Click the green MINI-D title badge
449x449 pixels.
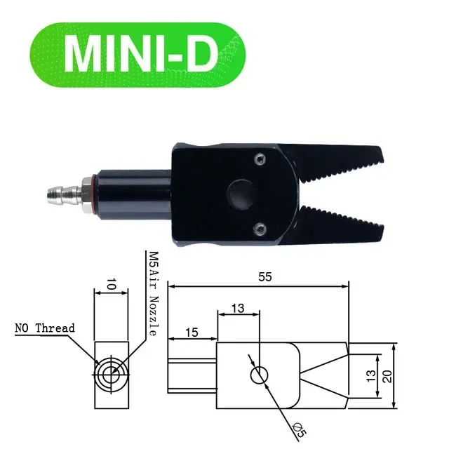[138, 55]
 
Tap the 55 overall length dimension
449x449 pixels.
[265, 277]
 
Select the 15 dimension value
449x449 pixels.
[192, 333]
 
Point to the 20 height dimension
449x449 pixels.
[387, 376]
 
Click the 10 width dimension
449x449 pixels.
[112, 283]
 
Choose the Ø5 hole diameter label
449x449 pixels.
[299, 429]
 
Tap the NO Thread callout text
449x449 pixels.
[45, 328]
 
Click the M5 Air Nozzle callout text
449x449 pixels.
[154, 294]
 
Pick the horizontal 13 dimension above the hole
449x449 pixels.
[238, 309]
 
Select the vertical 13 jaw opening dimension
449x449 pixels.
[371, 376]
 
